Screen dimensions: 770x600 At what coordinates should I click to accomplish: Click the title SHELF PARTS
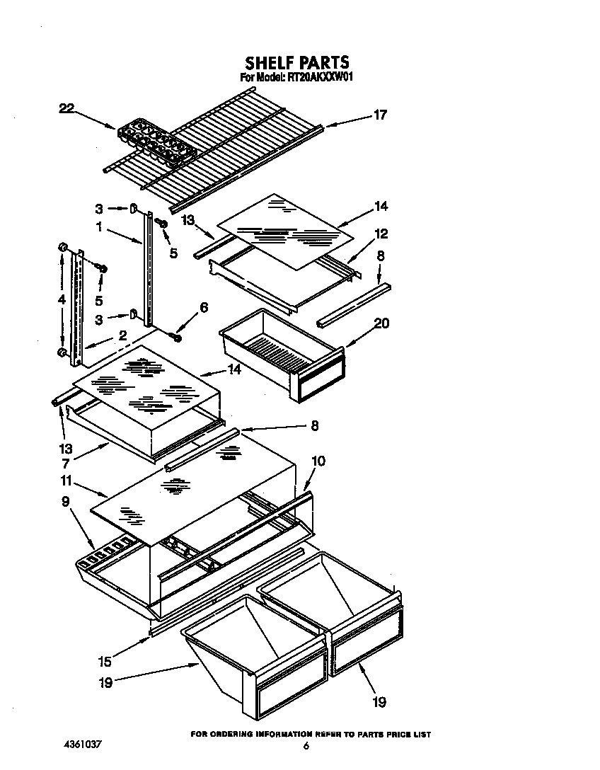297,63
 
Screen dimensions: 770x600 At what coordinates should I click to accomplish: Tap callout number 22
66,108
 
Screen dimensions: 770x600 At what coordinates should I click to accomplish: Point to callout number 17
380,115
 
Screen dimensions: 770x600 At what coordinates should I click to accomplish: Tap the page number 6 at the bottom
306,746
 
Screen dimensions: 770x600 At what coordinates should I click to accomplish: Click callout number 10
318,461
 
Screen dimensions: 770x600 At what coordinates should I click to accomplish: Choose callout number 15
105,663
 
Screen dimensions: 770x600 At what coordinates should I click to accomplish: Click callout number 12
381,234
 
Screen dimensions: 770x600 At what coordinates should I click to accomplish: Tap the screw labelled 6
177,338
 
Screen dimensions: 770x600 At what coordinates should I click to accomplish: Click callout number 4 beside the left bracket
62,299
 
